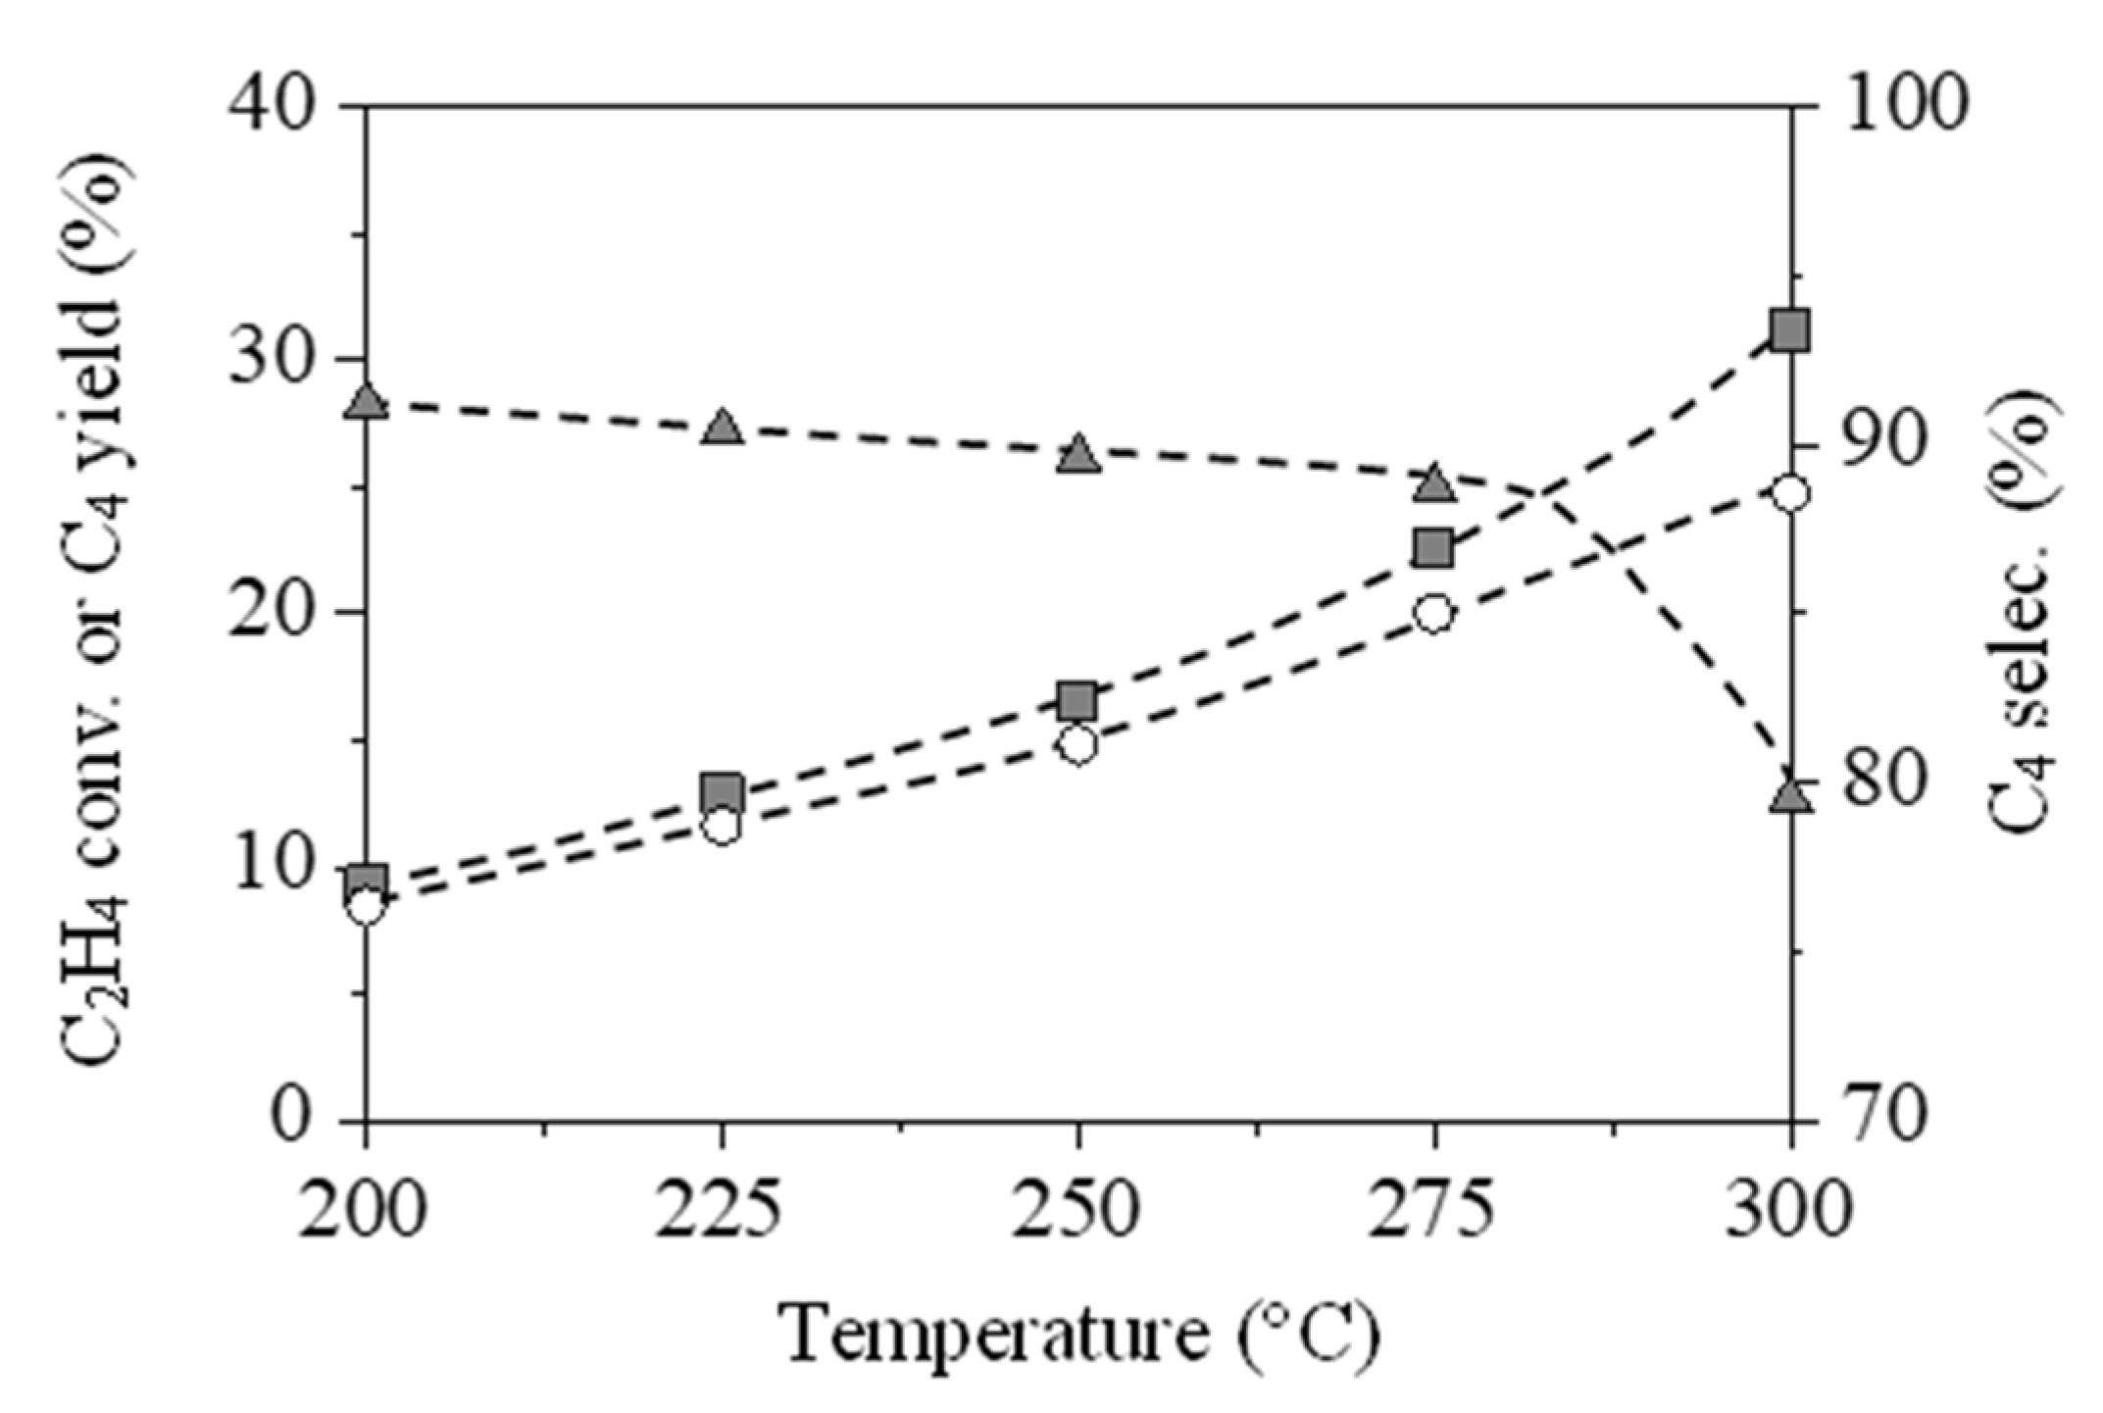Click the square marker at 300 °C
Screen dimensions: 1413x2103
point(1790,330)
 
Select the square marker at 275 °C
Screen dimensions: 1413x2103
point(1433,549)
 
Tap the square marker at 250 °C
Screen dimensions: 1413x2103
point(1077,702)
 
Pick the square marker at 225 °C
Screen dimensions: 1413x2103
point(722,792)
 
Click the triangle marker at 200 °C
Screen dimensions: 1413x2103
point(367,400)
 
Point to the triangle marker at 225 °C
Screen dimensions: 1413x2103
point(723,427)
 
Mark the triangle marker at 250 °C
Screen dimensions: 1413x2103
point(1078,453)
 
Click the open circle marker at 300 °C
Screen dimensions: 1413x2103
point(1790,494)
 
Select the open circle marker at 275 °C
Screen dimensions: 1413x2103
point(1433,615)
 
